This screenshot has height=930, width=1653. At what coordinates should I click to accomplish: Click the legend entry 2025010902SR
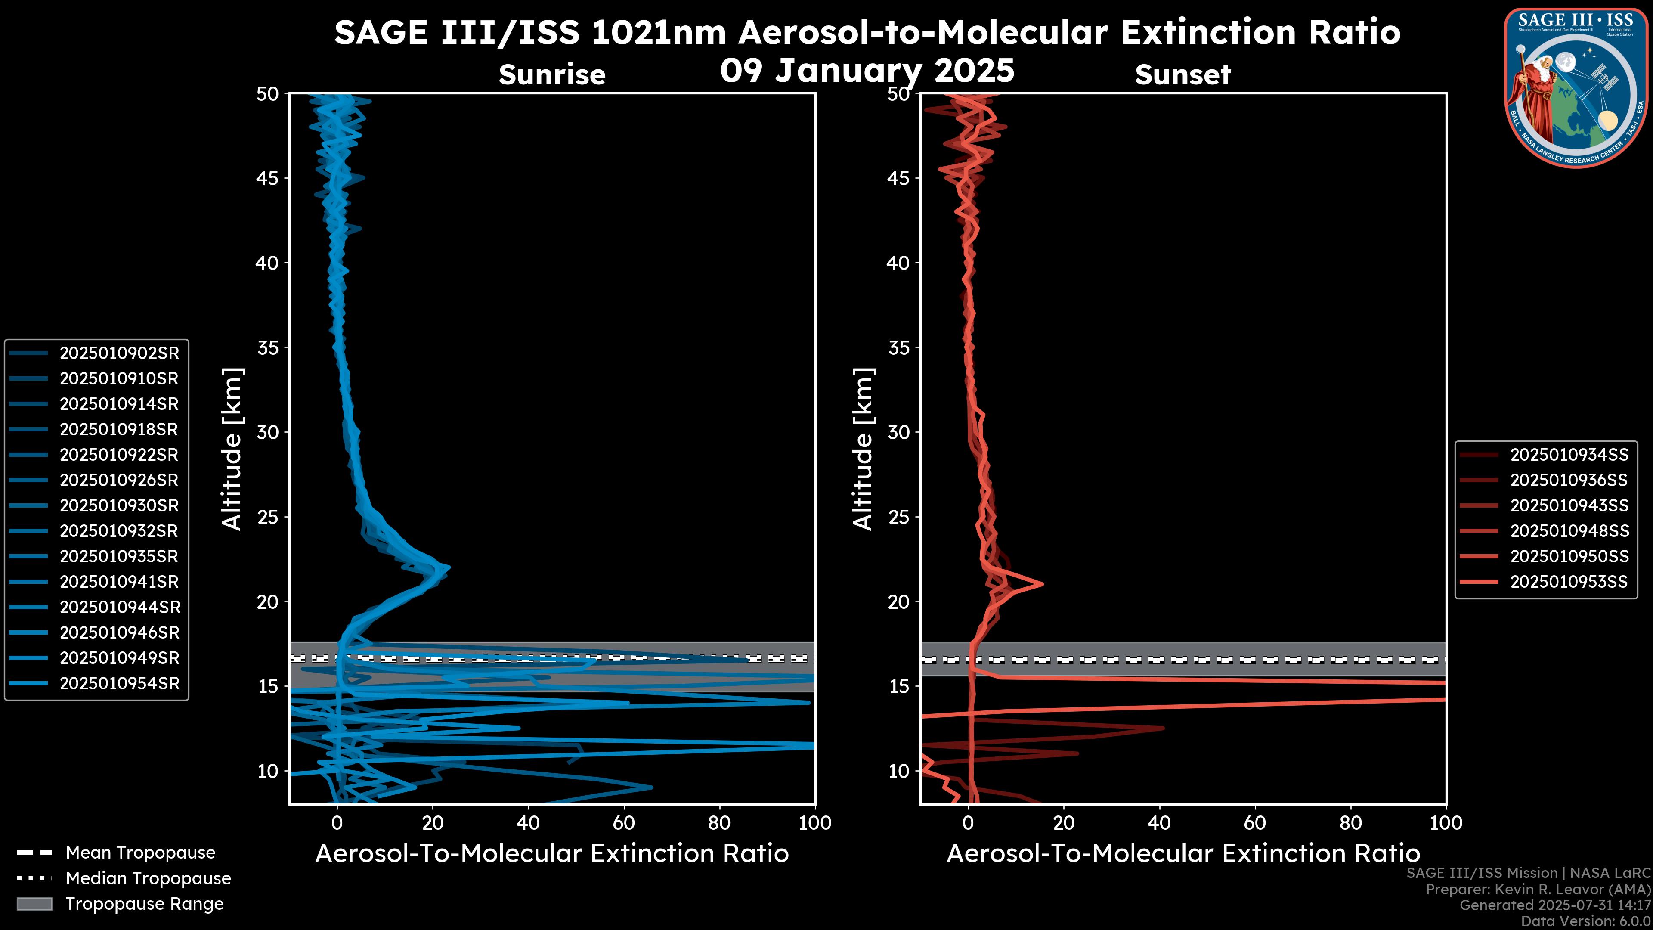pos(119,353)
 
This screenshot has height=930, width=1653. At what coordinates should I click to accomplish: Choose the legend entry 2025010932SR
pos(119,531)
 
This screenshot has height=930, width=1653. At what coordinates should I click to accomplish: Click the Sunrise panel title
pos(552,74)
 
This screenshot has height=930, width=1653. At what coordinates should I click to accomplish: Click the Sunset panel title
pos(1182,74)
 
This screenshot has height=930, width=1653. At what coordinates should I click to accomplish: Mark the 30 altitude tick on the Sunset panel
pos(898,432)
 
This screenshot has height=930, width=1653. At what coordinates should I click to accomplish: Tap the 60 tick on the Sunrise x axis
pos(624,822)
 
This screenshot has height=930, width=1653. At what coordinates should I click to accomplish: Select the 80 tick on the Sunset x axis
pos(1351,822)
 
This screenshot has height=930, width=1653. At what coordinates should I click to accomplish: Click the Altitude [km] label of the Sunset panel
pos(863,449)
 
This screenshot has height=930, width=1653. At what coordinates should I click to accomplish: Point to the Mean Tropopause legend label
pos(140,852)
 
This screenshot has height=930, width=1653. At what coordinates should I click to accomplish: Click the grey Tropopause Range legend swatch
pos(34,904)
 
